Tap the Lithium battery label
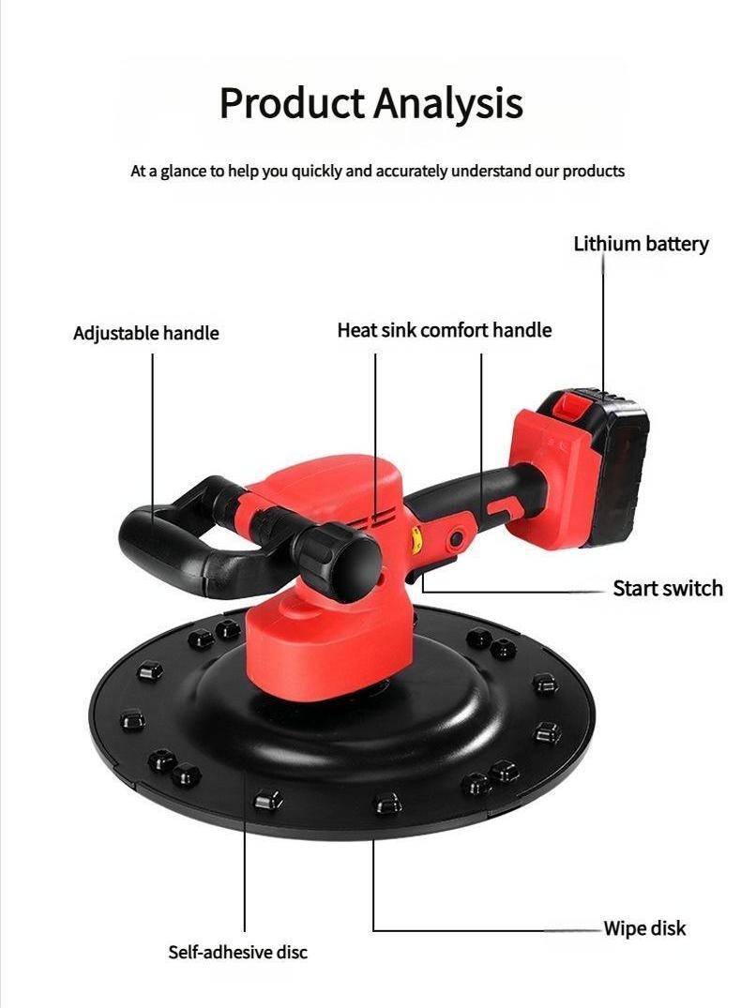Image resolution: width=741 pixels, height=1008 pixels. [x=641, y=244]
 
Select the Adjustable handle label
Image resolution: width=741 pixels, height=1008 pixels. [x=145, y=333]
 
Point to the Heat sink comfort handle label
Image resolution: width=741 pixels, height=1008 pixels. [x=444, y=330]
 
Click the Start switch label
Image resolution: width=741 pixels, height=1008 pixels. [x=668, y=588]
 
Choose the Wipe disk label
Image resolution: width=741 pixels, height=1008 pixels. [x=644, y=928]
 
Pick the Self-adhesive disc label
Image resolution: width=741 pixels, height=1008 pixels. [x=237, y=952]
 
